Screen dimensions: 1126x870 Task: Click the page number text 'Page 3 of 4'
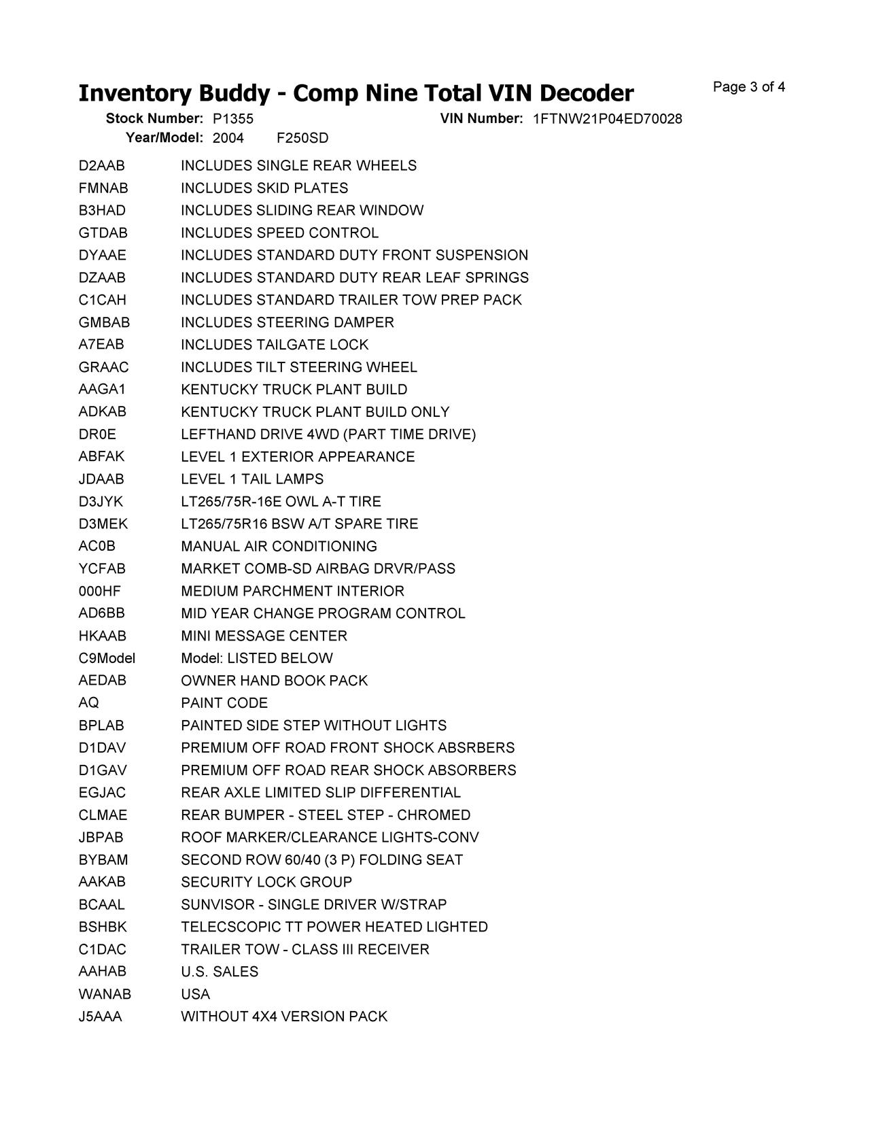click(749, 87)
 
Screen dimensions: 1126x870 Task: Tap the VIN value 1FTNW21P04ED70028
click(607, 119)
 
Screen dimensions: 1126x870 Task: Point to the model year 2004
click(228, 139)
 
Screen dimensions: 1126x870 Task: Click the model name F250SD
click(302, 139)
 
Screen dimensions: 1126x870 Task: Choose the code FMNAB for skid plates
click(103, 188)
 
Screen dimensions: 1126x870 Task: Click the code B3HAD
click(102, 211)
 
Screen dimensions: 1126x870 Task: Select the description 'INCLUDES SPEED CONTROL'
click(279, 233)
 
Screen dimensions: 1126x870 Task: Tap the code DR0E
click(97, 434)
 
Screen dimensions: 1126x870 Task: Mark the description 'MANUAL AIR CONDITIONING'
click(279, 547)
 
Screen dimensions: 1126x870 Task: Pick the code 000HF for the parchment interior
click(100, 592)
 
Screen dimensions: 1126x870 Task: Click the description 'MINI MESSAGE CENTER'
click(264, 636)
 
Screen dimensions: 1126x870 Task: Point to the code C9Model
click(107, 659)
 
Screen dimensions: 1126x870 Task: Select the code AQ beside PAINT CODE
click(88, 703)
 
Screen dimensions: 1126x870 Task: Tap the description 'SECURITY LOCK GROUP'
click(266, 883)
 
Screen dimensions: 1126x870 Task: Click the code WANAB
click(105, 995)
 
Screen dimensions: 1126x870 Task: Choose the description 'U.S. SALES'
click(220, 972)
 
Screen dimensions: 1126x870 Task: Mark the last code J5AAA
click(101, 1017)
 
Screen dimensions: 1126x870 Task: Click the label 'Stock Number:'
click(154, 119)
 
